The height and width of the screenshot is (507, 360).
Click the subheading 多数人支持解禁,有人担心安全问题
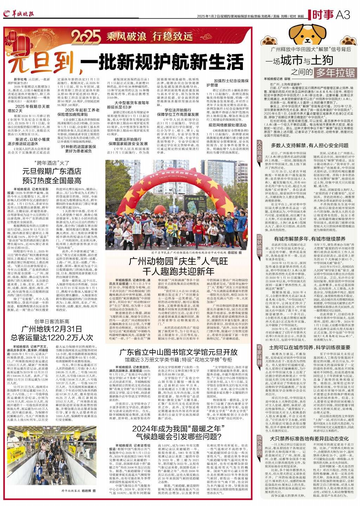tap(309, 145)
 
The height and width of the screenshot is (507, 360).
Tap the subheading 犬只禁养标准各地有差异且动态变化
tap(309, 438)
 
